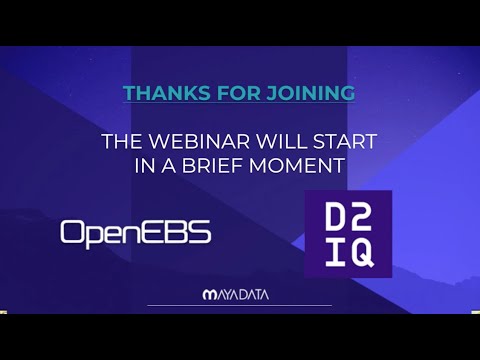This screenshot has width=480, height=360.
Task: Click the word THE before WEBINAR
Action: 124,141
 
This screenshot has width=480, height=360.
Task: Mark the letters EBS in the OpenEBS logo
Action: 183,232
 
